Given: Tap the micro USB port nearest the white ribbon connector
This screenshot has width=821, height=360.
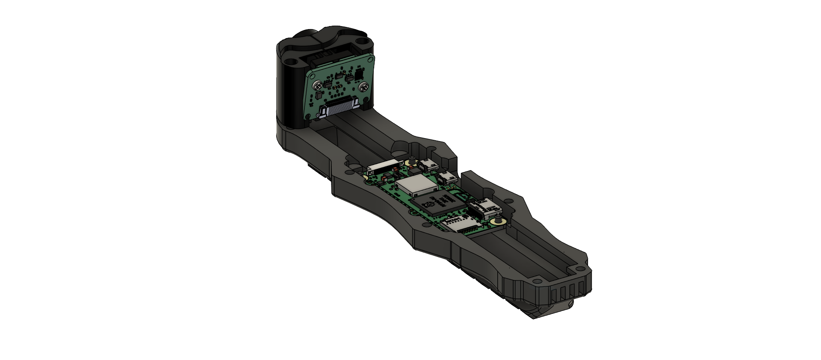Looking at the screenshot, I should point(427,165).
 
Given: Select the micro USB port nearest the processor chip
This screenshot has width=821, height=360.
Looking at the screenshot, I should point(447,177).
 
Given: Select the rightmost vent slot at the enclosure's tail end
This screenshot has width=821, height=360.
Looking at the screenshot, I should point(582,287).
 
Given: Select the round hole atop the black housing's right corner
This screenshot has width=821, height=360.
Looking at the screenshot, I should point(365,44).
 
